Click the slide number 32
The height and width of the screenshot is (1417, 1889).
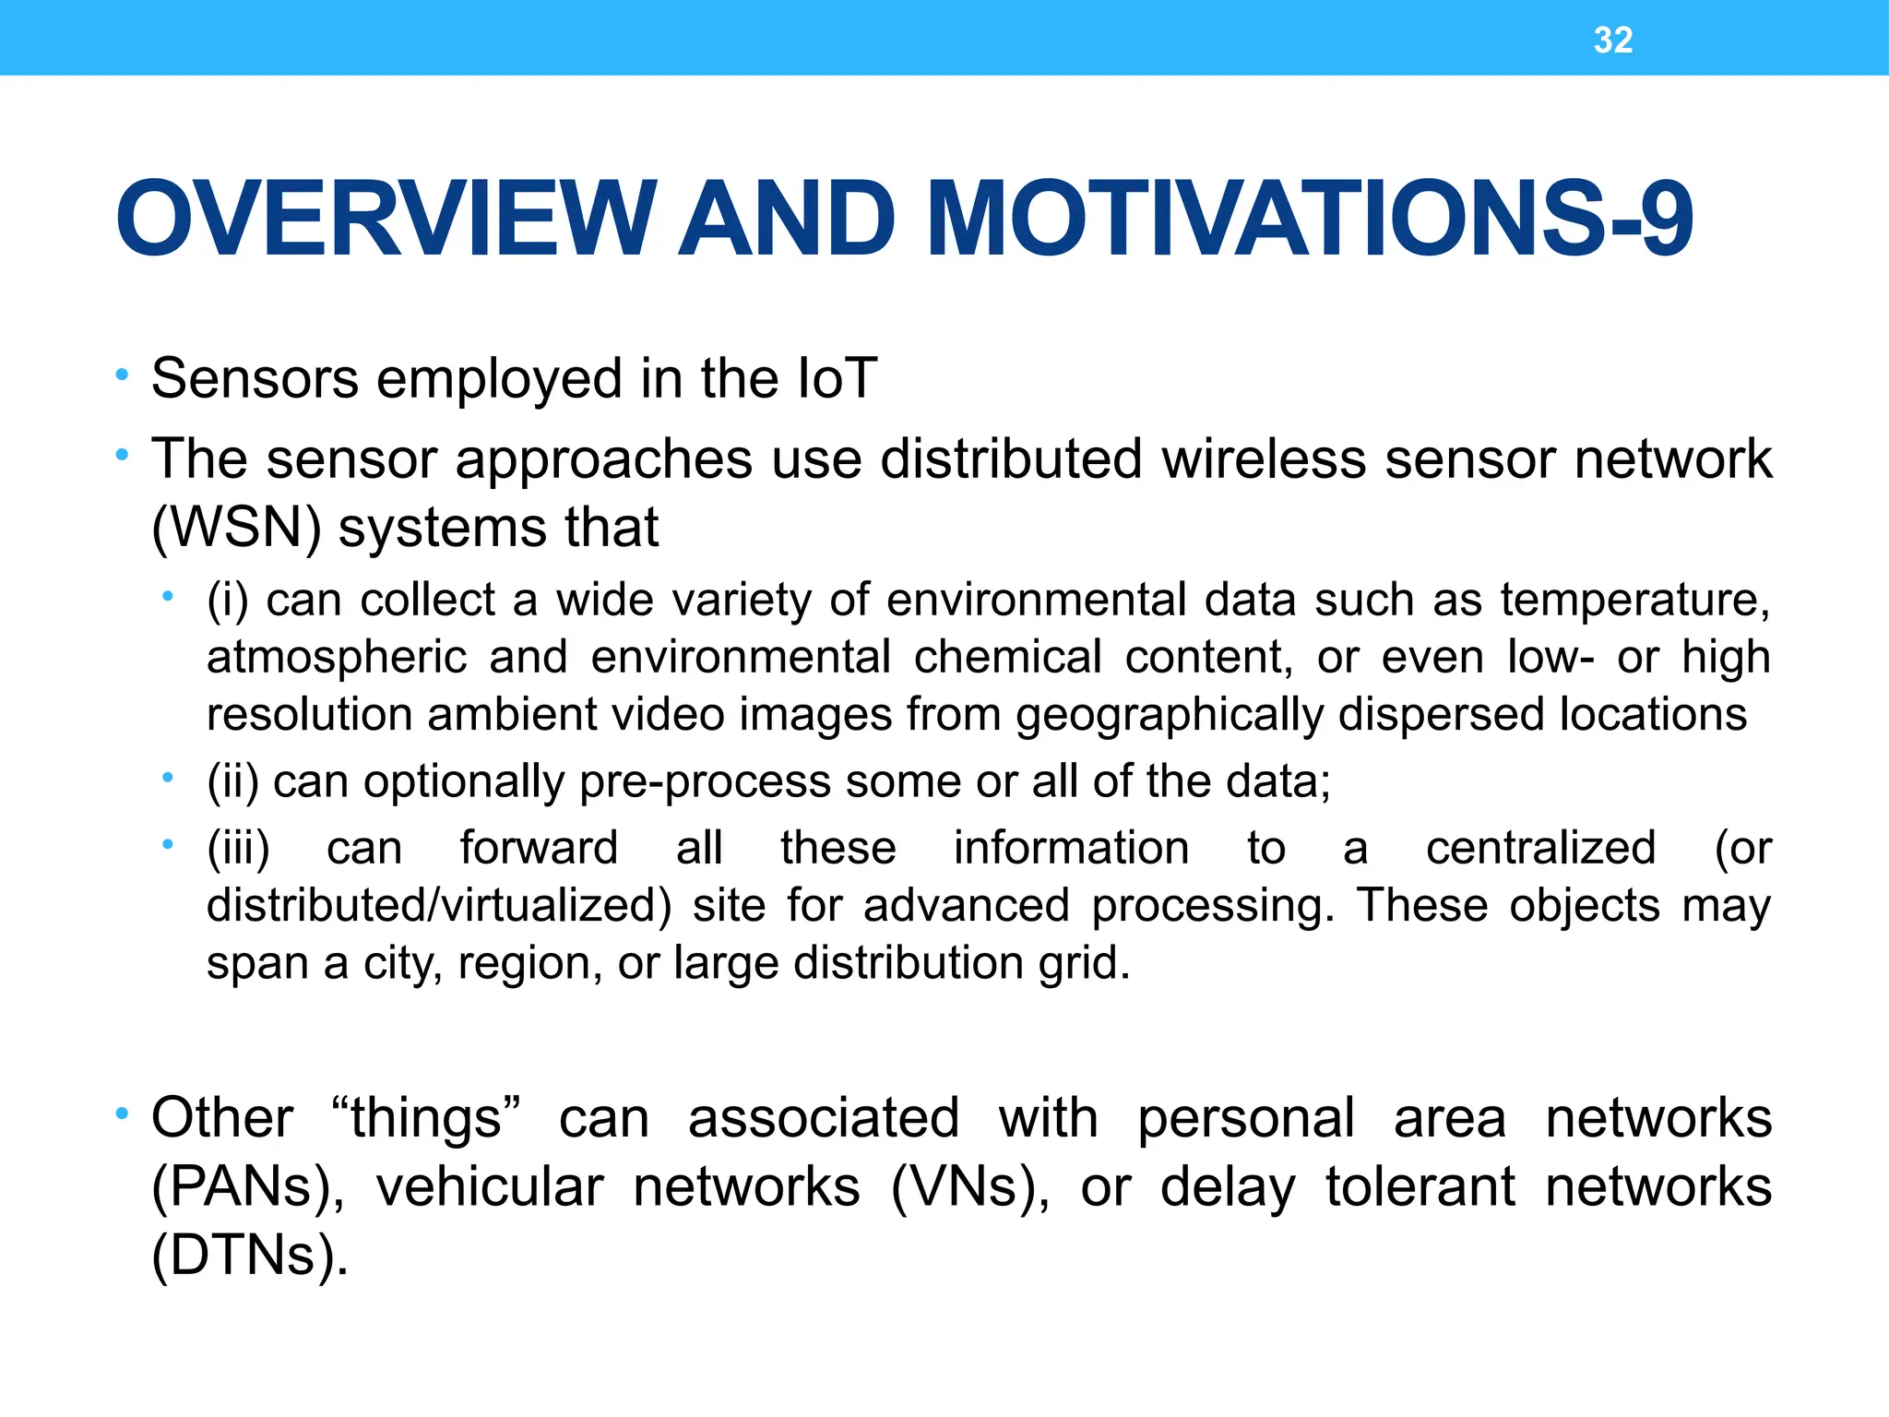tap(1612, 41)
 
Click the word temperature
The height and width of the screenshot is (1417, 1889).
tap(1634, 600)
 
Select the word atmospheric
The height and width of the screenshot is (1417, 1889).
tap(337, 657)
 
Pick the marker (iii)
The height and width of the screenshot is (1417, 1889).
tap(238, 848)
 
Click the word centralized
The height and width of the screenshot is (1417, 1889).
tap(1540, 848)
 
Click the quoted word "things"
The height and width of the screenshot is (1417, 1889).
tap(426, 1118)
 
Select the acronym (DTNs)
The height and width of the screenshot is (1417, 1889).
tap(249, 1255)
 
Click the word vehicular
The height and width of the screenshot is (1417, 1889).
tap(489, 1186)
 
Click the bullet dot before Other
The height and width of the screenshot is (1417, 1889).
tap(122, 1115)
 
